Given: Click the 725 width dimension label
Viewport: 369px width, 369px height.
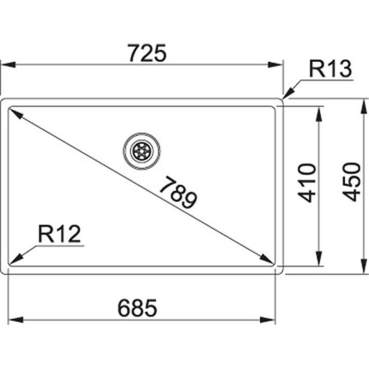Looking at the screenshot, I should (145, 53).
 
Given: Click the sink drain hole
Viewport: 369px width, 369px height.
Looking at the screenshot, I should (141, 149).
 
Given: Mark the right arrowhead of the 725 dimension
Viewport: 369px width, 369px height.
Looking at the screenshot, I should (280, 65).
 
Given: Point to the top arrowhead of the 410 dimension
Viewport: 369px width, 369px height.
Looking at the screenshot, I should (319, 110).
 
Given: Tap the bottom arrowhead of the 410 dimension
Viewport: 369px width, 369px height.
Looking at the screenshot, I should (319, 261).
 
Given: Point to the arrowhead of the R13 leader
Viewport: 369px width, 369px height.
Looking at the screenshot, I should (286, 95).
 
